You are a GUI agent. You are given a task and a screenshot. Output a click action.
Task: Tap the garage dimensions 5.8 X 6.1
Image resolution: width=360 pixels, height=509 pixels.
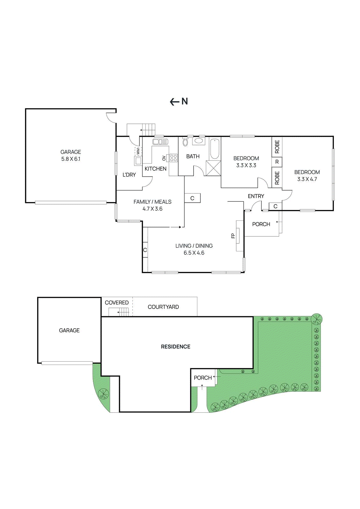(x=71, y=159)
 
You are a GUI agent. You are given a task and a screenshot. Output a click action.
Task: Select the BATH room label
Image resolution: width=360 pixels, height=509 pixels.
(x=193, y=156)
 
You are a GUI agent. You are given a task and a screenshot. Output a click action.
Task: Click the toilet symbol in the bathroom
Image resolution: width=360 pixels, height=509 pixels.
(x=186, y=142)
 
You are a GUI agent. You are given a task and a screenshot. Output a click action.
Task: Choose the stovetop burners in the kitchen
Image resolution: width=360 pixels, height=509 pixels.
(x=173, y=158)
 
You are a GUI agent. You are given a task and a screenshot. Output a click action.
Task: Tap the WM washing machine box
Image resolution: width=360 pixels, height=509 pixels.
(x=138, y=151)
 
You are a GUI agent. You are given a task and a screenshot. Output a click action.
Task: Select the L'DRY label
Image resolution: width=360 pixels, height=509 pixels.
(x=129, y=175)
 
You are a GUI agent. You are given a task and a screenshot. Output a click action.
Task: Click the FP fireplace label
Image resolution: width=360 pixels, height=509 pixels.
(x=233, y=236)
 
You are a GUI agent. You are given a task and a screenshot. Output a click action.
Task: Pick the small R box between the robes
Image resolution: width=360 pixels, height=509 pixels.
(x=277, y=162)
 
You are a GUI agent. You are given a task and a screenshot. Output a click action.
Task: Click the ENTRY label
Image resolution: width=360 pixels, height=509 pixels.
(x=256, y=196)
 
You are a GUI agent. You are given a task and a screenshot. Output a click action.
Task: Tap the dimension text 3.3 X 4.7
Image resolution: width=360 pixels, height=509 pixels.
(x=307, y=179)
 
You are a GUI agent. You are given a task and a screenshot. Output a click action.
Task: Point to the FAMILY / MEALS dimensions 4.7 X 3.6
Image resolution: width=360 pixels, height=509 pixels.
(x=152, y=209)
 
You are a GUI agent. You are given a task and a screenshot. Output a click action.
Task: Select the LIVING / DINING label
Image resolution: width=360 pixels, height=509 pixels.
(x=194, y=246)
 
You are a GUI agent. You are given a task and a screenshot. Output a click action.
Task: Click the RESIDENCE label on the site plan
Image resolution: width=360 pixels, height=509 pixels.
(x=176, y=346)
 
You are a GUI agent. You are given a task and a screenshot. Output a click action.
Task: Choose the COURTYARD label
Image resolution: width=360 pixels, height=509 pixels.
(x=163, y=307)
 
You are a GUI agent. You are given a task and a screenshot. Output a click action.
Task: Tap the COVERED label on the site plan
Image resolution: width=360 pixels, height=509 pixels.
(x=117, y=303)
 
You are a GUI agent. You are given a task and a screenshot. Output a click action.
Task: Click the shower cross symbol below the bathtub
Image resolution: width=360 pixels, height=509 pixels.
(x=213, y=168)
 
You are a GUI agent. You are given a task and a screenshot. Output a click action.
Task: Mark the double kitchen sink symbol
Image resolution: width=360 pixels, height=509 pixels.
(x=160, y=142)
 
